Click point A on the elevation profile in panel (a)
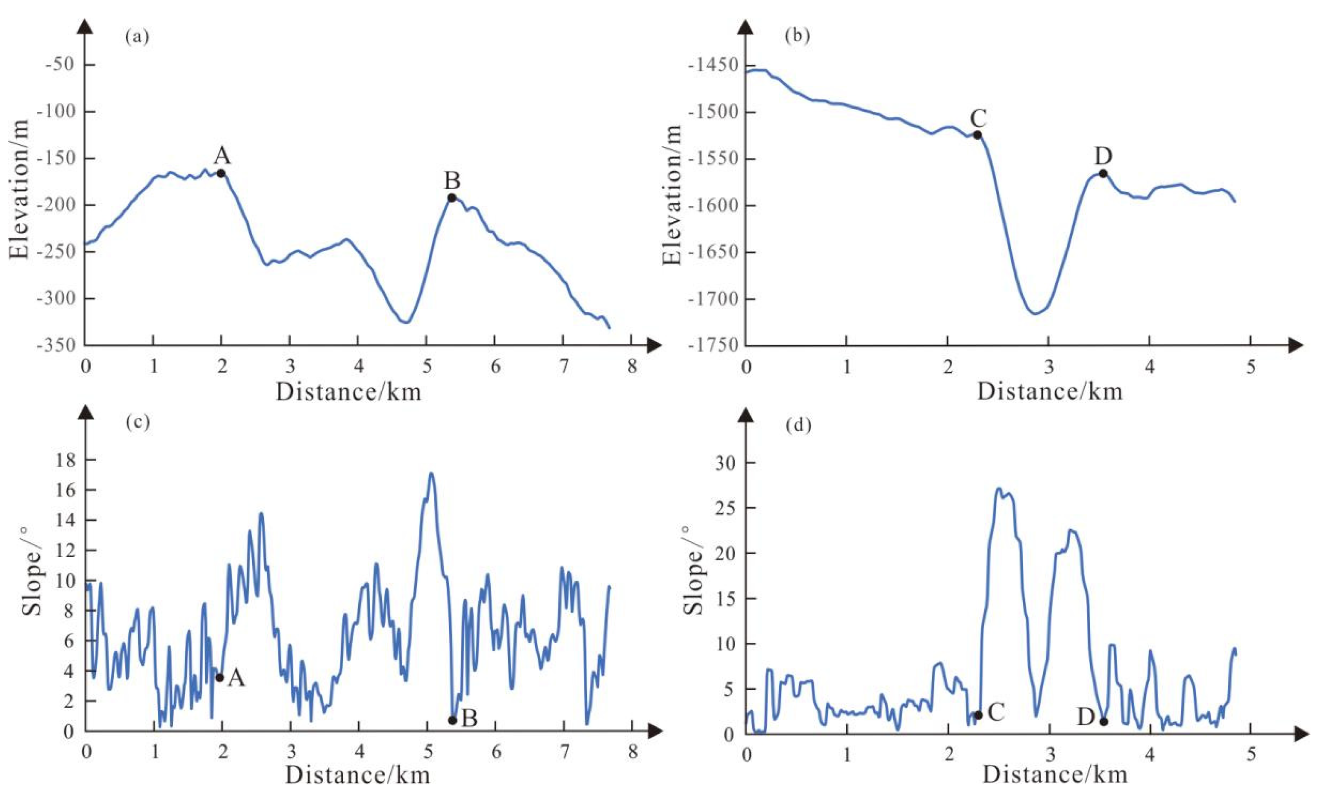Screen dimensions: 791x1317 point(220,173)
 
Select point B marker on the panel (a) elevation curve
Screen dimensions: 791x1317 point(452,198)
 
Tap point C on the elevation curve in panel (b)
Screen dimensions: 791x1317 point(977,135)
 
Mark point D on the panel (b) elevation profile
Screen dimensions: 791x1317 point(1103,173)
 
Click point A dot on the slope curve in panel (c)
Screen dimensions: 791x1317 point(219,678)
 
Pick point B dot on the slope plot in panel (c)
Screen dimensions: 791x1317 point(452,720)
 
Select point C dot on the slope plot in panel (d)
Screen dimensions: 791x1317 point(978,715)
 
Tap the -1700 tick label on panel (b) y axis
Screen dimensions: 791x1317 point(712,299)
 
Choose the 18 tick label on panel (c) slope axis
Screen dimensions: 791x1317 point(64,460)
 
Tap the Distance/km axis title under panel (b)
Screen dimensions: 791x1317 point(1049,392)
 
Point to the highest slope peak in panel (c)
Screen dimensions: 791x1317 point(431,473)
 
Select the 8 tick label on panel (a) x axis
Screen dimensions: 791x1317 point(632,368)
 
